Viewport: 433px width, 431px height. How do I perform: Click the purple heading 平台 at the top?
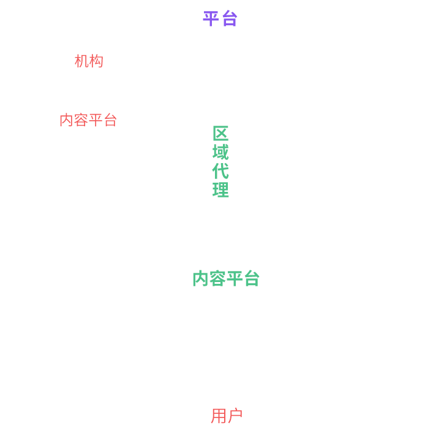[220, 19]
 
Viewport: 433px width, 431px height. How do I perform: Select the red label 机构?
[89, 61]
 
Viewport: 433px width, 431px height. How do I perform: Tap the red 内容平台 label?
[88, 120]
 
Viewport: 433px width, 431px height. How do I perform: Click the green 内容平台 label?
[226, 279]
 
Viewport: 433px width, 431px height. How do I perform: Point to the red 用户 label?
[227, 416]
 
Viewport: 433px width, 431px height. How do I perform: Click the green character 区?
[220, 134]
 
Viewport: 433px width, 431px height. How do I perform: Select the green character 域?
[220, 152]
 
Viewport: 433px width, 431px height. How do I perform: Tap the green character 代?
[220, 171]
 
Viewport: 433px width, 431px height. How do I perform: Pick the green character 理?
[220, 190]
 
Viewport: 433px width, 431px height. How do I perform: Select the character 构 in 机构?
[96, 61]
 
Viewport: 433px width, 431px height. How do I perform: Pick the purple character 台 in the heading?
[229, 19]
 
